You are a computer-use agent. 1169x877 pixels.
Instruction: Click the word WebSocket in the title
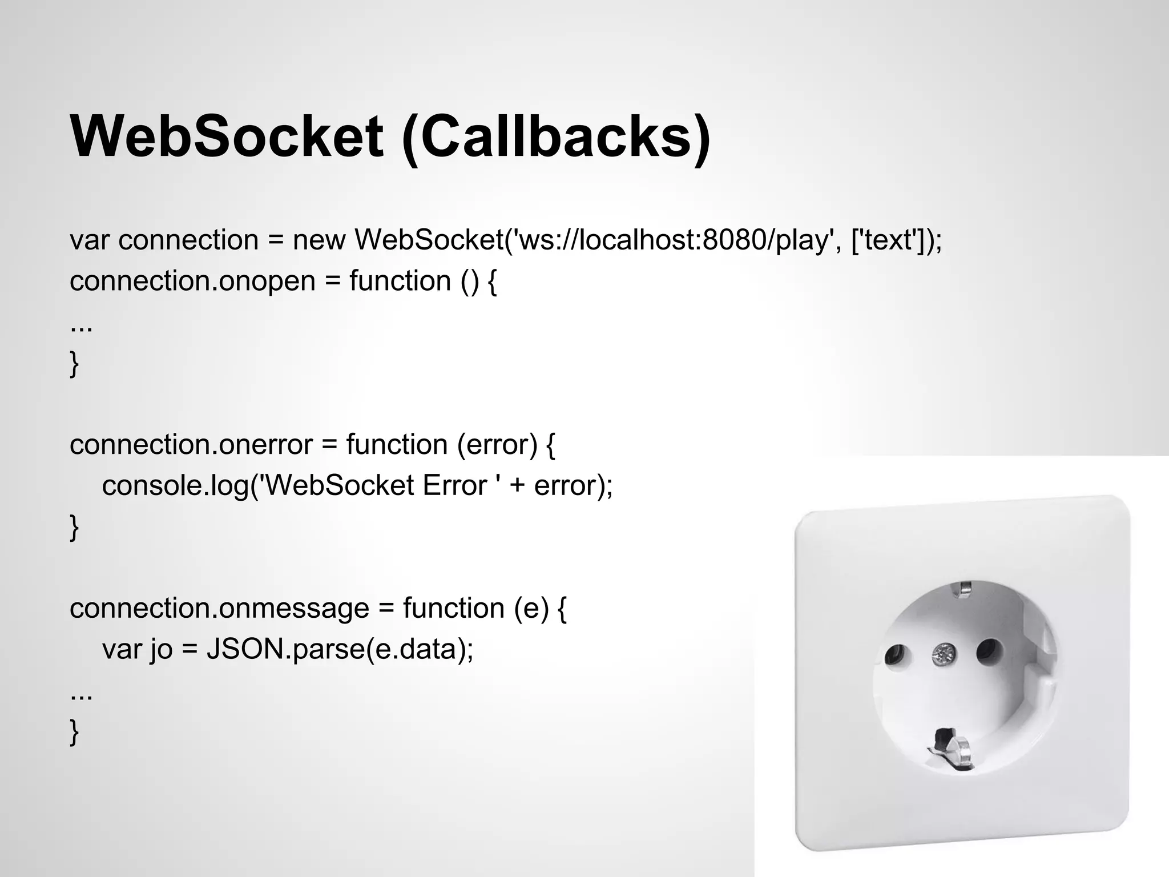pos(227,137)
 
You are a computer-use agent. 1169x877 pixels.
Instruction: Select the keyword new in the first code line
pos(319,240)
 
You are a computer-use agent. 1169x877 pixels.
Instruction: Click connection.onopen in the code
pos(192,281)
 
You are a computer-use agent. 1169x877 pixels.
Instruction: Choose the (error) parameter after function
pos(497,444)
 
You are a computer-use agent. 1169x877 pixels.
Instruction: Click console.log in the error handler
pos(175,485)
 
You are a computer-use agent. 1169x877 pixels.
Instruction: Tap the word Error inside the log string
pos(454,485)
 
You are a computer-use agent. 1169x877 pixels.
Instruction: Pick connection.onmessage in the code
pos(219,608)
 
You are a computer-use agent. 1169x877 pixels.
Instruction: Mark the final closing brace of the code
pos(74,731)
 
